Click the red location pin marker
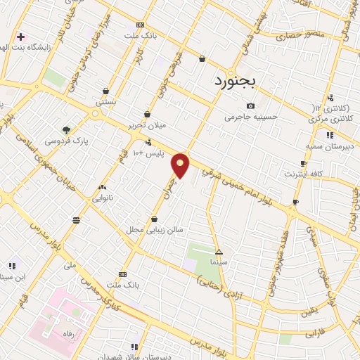(x=181, y=165)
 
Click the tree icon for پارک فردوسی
(x=66, y=130)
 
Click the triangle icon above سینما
(x=219, y=251)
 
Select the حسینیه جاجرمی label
(x=250, y=117)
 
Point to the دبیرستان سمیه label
(x=328, y=146)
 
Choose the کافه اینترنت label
(x=303, y=173)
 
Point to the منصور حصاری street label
(x=297, y=33)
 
